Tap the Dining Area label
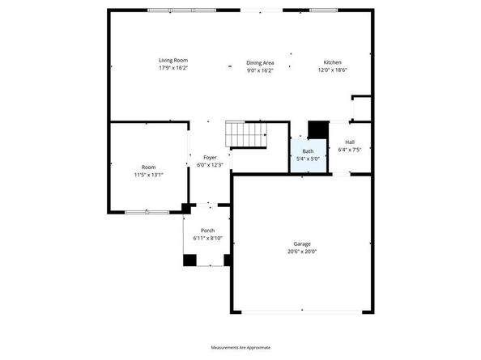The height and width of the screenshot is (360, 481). (x=260, y=62)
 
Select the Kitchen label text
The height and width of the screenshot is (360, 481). (x=332, y=62)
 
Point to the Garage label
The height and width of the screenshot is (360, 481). (x=302, y=244)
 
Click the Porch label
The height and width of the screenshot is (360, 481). (x=207, y=231)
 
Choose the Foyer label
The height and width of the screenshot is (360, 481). (x=210, y=157)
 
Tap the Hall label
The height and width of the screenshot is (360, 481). (x=350, y=142)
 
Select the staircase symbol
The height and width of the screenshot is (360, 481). (x=246, y=134)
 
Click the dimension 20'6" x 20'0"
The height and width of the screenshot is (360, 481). (x=302, y=252)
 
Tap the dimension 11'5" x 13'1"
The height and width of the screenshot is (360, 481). (x=148, y=175)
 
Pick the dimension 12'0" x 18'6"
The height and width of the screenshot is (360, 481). (x=332, y=70)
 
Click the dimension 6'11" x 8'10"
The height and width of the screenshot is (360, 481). (x=207, y=239)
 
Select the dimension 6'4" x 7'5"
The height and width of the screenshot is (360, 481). (x=350, y=150)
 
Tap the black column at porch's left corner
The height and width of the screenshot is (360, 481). (x=189, y=260)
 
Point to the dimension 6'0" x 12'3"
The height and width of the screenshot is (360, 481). (x=210, y=165)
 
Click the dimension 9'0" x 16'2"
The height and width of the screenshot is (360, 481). (x=260, y=70)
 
